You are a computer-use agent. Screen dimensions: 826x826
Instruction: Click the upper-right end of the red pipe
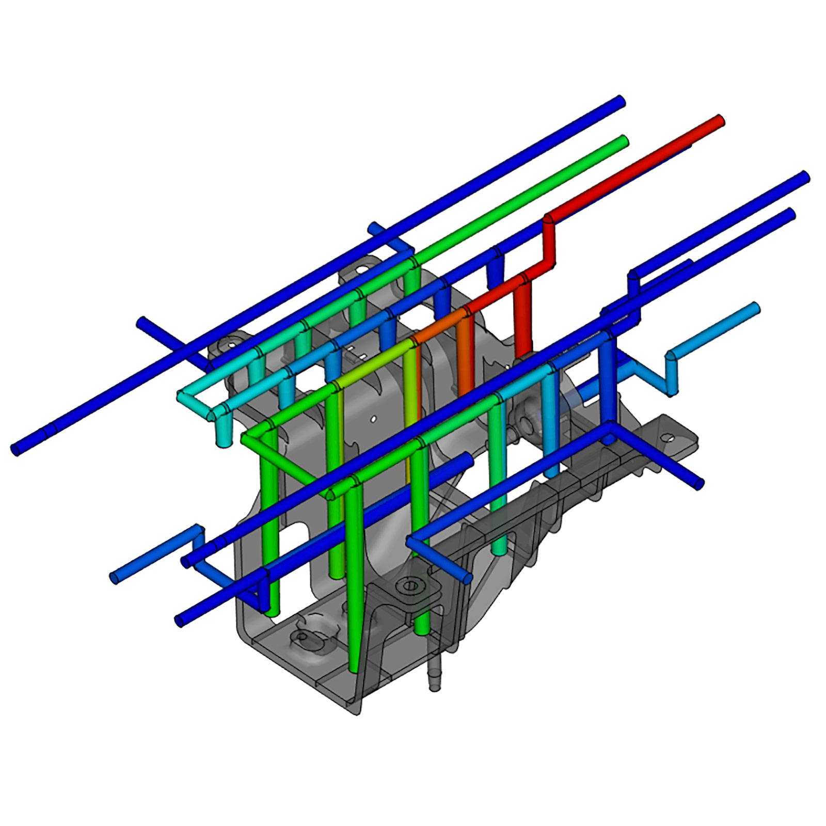tap(718, 121)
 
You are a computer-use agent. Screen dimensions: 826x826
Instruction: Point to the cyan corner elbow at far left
tap(183, 397)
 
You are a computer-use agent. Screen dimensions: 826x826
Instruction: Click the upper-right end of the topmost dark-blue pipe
tap(620, 101)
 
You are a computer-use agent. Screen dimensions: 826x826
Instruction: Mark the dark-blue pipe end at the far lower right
tap(698, 484)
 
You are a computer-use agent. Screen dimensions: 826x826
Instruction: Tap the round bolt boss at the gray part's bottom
tap(410, 585)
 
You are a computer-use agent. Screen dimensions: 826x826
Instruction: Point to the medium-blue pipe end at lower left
tap(115, 578)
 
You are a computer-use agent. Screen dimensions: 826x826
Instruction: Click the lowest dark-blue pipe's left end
tap(180, 621)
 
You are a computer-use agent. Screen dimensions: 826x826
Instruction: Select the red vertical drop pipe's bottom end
tap(522, 354)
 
